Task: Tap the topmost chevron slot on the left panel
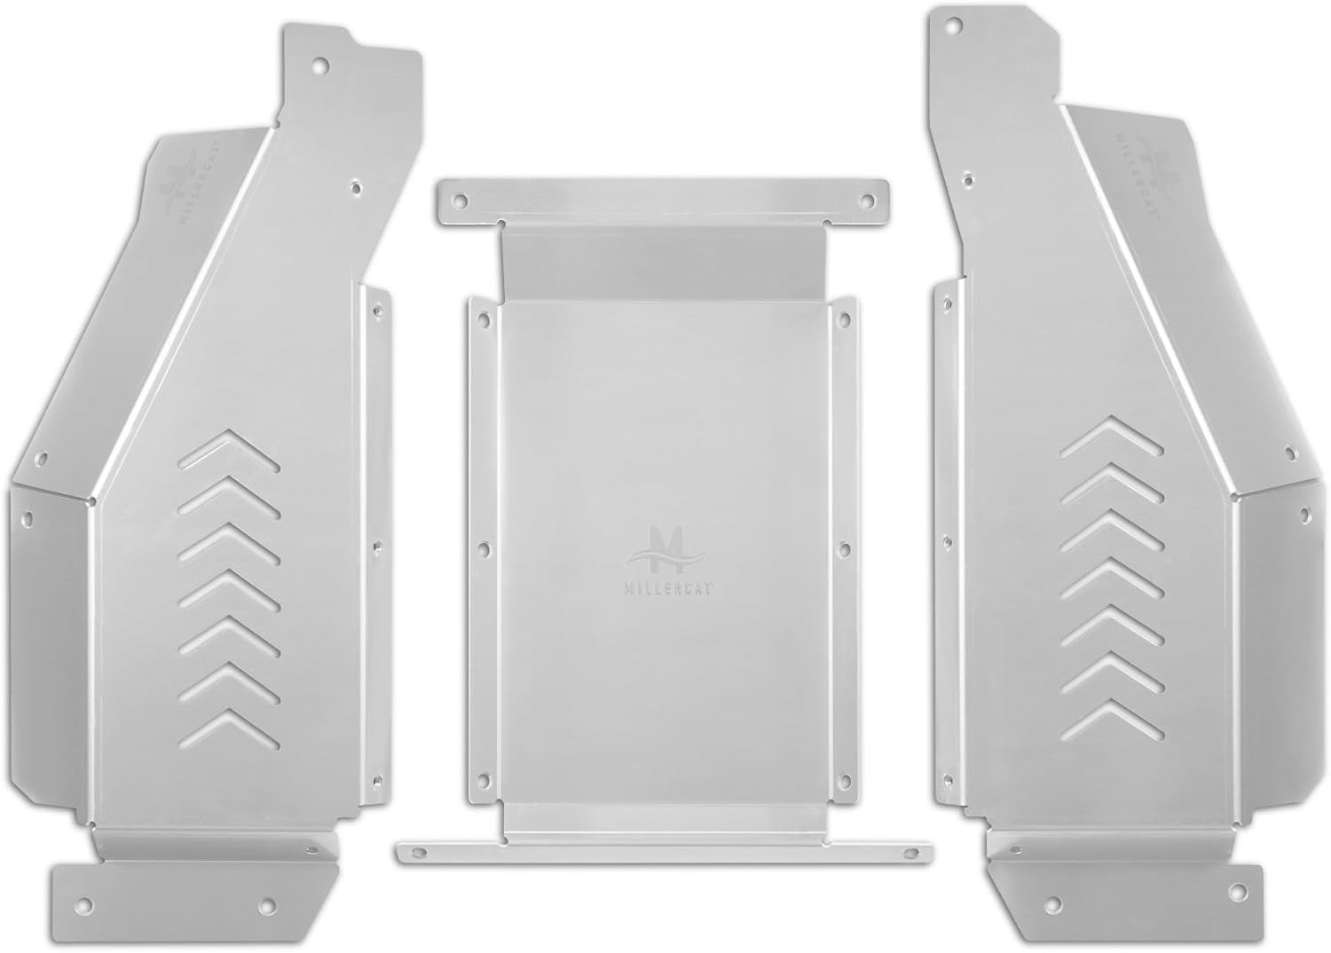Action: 230,449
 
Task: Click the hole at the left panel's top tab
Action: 320,66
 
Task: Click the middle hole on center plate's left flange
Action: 484,549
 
